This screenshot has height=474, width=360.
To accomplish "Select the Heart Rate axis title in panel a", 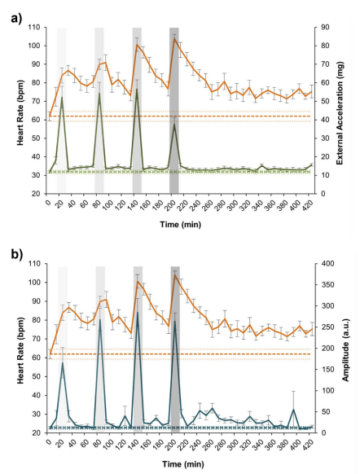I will [x=15, y=110].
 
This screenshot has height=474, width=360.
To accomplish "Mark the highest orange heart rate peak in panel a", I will [x=174, y=39].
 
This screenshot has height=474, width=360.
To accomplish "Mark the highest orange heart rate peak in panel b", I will [x=174, y=274].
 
